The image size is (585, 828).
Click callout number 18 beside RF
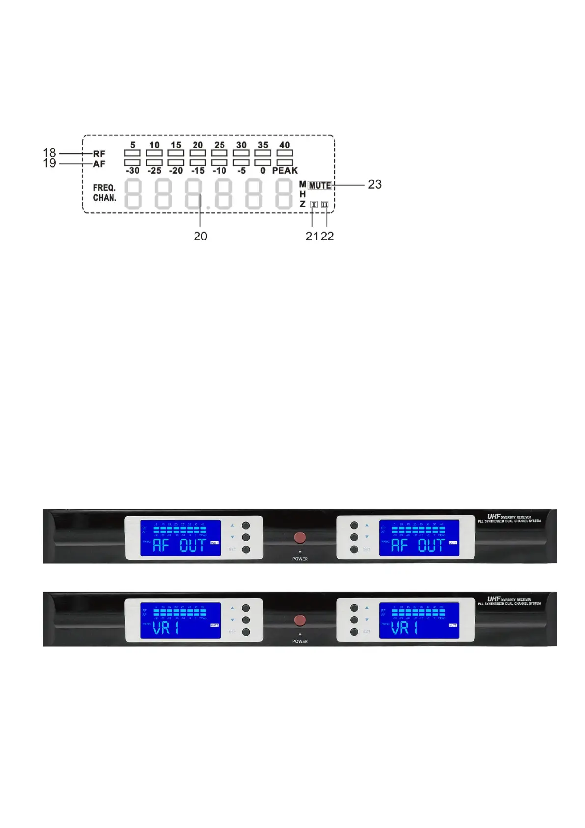49,153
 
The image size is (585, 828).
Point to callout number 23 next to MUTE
374,184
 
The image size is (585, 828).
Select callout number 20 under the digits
200,236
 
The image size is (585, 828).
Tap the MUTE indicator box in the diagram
320,185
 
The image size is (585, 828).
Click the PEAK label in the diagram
285,171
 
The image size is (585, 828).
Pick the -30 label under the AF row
133,171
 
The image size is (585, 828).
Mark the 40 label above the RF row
285,145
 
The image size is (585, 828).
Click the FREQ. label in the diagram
105,188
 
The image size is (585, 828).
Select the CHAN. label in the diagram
105,198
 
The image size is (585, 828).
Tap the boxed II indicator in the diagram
325,205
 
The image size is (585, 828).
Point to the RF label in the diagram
99,154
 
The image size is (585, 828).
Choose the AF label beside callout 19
99,164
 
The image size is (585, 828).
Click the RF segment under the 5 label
133,153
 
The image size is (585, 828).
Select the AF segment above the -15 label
198,162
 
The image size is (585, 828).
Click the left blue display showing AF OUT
181,538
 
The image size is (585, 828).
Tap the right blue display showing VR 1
419,621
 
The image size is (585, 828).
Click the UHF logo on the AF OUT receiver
493,516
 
